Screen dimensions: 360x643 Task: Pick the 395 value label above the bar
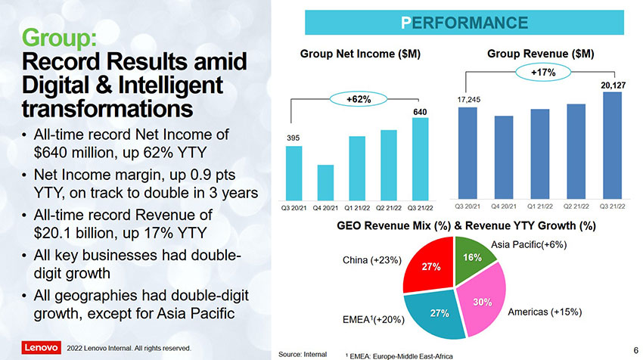pyautogui.click(x=294, y=138)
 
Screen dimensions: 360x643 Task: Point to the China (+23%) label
pyautogui.click(x=371, y=260)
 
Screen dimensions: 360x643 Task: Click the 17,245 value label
pyautogui.click(x=468, y=99)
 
